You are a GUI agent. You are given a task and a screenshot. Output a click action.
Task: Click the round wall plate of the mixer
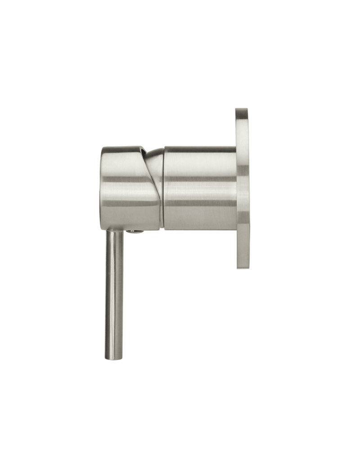point(242,189)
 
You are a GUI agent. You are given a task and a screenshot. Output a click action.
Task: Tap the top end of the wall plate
point(242,110)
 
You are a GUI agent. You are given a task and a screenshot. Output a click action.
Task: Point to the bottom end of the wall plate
point(243,266)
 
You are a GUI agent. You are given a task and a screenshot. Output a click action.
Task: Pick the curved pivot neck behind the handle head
point(156,162)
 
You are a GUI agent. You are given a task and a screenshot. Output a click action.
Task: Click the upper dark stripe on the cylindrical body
point(200,179)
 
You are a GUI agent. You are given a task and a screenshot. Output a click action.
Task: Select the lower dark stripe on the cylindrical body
point(200,203)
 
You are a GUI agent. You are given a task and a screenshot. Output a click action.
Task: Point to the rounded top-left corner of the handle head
point(104,150)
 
